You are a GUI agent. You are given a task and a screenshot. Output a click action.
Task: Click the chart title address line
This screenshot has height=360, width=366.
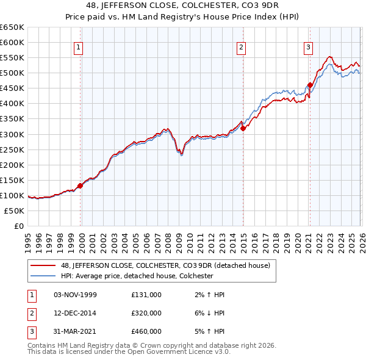pos(182,7)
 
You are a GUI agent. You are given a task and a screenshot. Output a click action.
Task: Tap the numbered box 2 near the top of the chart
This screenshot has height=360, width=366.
pos(242,47)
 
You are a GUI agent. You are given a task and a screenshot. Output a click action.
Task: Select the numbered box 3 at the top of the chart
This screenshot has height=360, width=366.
pos(309,47)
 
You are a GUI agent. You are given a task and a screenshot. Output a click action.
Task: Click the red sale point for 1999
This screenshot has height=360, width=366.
pos(81,185)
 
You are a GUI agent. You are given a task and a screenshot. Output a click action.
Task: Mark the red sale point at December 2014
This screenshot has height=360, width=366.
pos(243,128)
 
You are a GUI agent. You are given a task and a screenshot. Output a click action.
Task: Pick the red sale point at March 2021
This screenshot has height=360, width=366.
pos(310,85)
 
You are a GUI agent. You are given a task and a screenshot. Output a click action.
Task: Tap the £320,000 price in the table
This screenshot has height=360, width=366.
pos(146,313)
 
